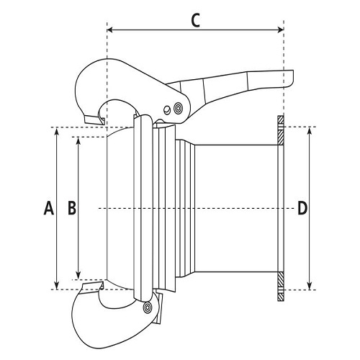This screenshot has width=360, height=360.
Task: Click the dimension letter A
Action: [x=49, y=208]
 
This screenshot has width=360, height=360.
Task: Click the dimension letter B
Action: [x=72, y=208]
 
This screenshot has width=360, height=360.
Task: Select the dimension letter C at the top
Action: [x=196, y=20]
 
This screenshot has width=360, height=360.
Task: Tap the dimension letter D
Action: [x=302, y=208]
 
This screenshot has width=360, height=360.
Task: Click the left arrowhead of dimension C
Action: [x=110, y=30]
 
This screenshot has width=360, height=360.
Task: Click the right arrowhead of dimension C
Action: [x=281, y=30]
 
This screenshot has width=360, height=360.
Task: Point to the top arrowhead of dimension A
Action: [x=56, y=131]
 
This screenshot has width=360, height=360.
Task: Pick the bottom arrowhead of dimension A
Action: [x=56, y=286]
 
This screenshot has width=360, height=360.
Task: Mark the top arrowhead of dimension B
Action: [x=78, y=141]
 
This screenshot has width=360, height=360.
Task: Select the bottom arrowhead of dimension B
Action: [x=78, y=276]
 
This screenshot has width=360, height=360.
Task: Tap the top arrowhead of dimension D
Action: [x=310, y=131]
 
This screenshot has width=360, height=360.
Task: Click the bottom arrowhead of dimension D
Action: [x=310, y=286]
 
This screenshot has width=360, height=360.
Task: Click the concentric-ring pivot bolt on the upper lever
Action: [x=178, y=107]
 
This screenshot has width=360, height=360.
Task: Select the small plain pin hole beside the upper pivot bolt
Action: [x=166, y=109]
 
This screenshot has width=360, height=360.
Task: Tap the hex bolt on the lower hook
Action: [x=147, y=307]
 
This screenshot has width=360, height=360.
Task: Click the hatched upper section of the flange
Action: [x=281, y=130]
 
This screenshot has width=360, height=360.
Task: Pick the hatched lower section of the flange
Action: [x=281, y=287]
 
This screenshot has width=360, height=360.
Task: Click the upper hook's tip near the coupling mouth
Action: [x=103, y=121]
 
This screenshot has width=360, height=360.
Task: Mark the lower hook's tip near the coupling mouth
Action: [x=102, y=286]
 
